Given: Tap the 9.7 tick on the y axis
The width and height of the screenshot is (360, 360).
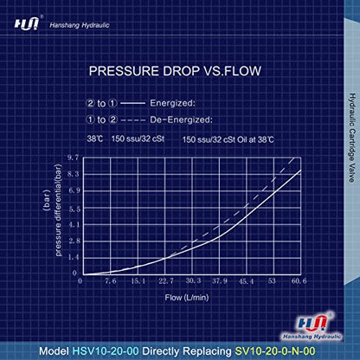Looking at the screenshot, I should [72, 158].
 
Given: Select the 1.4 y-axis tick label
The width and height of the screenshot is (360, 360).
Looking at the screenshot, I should [72, 258].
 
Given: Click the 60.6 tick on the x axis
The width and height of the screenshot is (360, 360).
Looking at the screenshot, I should [299, 280].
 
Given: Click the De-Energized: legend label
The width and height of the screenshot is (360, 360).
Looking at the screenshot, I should [173, 119].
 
